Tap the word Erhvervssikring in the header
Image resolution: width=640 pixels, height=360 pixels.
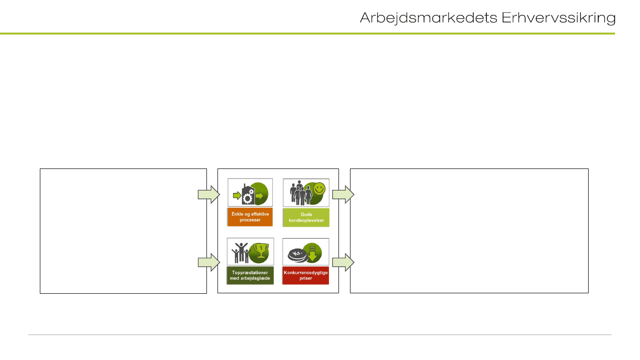coord(558,18)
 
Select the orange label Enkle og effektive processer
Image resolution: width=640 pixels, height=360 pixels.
coord(250,217)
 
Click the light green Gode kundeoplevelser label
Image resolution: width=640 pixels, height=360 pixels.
coord(306,217)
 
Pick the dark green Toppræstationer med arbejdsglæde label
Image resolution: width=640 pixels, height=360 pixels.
coord(250,276)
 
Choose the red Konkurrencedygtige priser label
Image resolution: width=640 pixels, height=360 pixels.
coord(306,276)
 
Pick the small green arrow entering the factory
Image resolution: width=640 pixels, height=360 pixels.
coord(236,196)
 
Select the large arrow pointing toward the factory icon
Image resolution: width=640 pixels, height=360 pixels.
coord(208,194)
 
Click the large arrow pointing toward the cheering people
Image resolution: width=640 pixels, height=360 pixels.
coord(208,262)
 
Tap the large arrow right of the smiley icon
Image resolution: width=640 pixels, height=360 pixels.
coord(343,194)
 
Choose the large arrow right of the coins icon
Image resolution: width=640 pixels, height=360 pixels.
coord(343,262)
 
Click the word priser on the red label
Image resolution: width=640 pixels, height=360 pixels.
coord(306,278)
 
